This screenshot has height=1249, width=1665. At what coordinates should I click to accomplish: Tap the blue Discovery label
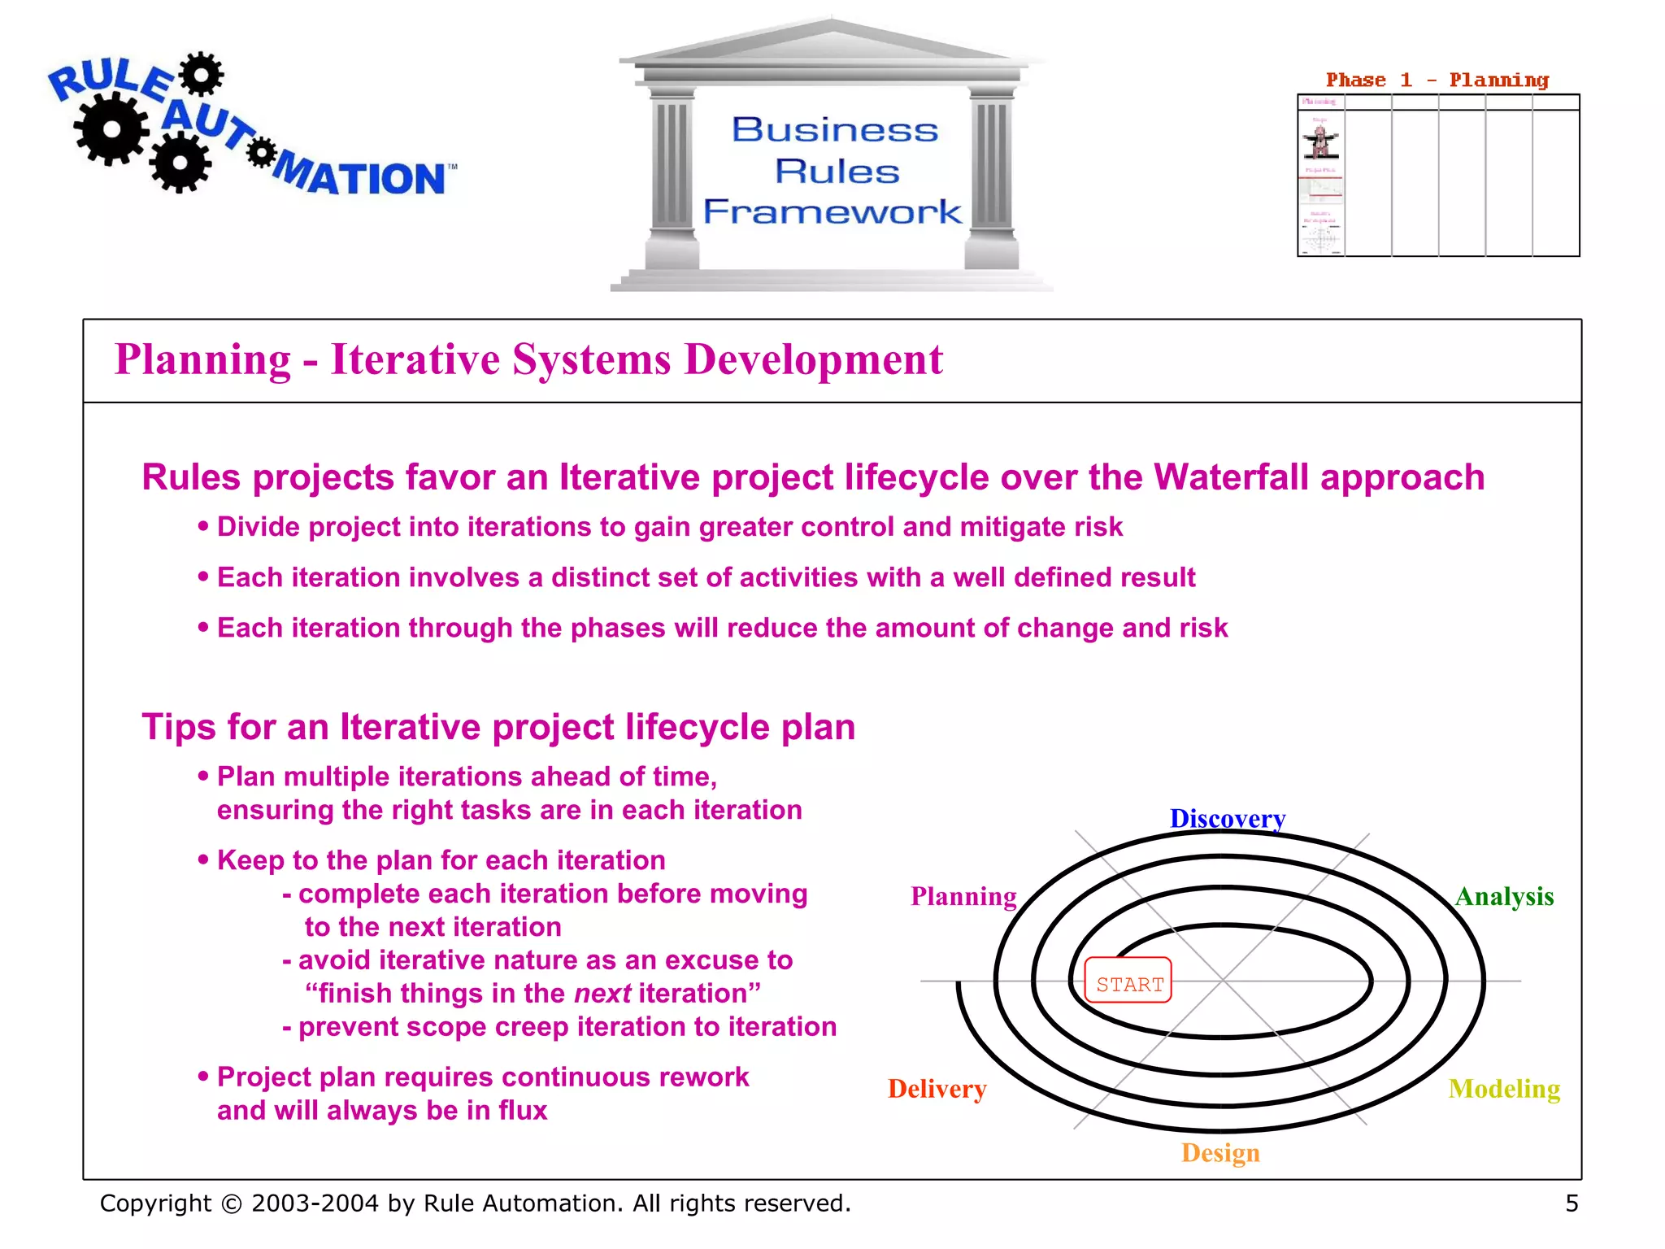tap(1227, 818)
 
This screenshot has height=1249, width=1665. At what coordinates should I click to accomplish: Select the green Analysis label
tap(1504, 896)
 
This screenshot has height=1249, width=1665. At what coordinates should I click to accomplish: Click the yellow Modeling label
tap(1504, 1089)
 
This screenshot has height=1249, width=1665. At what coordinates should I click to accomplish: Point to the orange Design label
tap(1220, 1153)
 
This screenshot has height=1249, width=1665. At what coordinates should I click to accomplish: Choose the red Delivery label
tap(937, 1089)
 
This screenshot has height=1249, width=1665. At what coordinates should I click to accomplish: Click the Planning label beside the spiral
tap(963, 896)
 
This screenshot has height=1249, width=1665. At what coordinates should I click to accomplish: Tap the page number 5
tap(1572, 1203)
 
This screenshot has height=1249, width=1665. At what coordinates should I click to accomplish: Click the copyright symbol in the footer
tap(232, 1204)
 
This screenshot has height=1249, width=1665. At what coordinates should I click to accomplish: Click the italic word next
tap(602, 994)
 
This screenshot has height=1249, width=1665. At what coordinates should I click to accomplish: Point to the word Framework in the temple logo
tap(832, 212)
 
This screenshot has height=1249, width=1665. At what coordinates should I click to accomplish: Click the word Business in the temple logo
tap(835, 130)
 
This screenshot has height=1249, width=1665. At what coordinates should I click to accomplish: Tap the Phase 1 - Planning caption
tap(1437, 81)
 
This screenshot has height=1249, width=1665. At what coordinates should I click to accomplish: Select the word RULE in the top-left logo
tap(110, 81)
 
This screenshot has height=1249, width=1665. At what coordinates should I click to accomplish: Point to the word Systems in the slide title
tap(592, 359)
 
